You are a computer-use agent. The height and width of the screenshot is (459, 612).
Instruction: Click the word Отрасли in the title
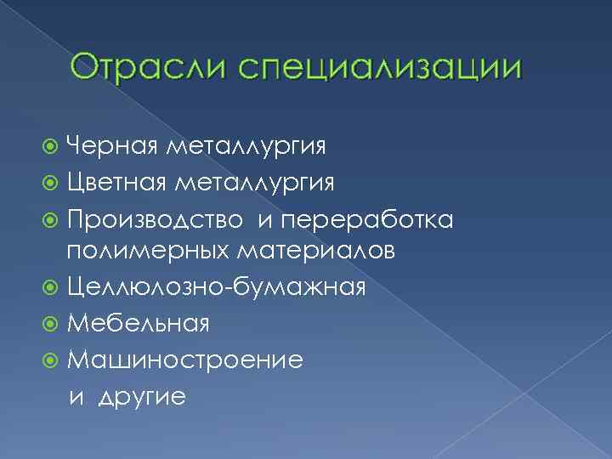click(x=143, y=67)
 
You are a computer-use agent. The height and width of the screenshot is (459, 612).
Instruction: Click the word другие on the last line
click(x=141, y=397)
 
